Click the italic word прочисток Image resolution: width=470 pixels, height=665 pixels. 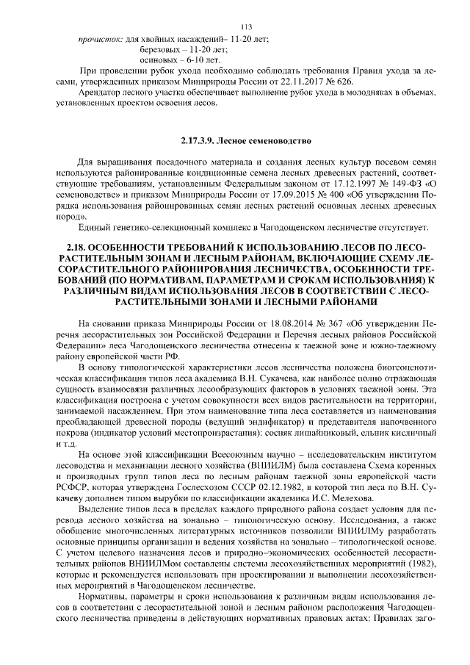pyautogui.click(x=100, y=37)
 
